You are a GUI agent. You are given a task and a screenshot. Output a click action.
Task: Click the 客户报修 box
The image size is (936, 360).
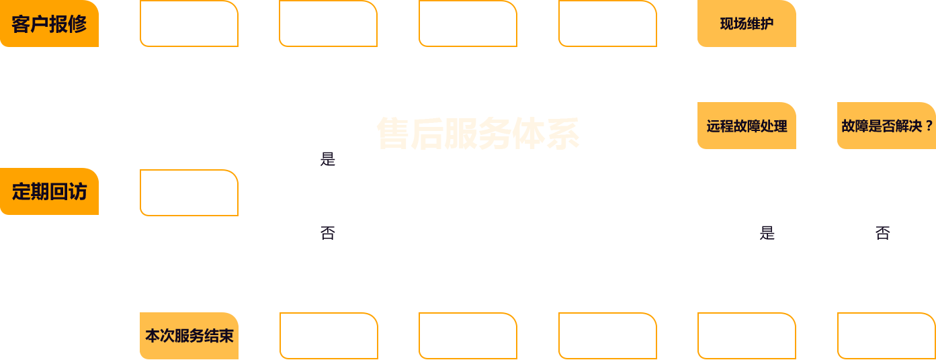coord(50,24)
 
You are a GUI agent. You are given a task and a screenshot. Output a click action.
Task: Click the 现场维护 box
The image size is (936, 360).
coord(747,24)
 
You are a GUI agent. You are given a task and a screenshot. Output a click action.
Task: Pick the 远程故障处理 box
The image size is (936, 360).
coord(747,126)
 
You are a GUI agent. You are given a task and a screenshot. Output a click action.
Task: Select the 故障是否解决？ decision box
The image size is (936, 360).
coord(886,126)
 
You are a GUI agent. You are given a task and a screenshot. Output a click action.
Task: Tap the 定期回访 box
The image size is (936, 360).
coord(50,191)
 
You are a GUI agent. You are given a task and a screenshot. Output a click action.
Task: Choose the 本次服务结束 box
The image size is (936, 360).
coord(189,335)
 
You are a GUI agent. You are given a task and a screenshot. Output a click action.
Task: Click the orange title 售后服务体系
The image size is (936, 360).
coord(478,133)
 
